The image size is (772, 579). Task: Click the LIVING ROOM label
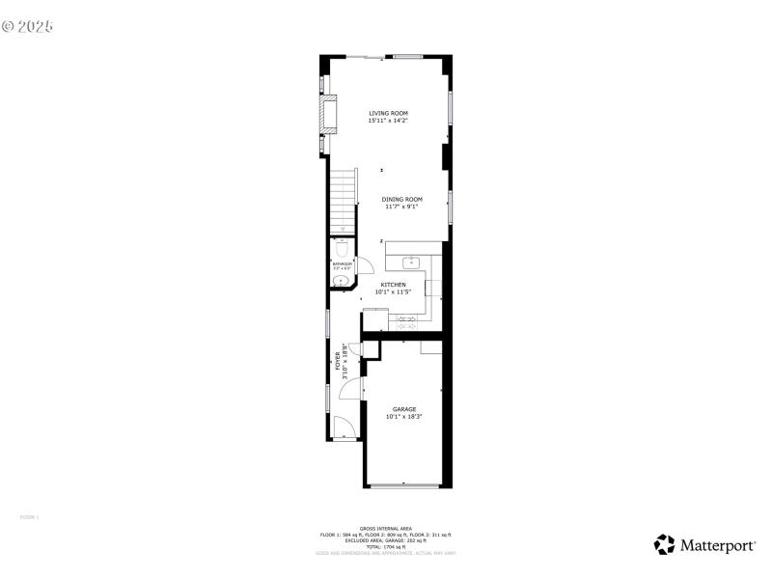coord(388,113)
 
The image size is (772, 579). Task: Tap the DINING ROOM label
coord(401,199)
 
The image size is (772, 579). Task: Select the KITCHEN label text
coord(393,285)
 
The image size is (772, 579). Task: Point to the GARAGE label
coord(403,409)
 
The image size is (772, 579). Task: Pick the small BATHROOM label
coord(342,263)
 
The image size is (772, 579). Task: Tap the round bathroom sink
coord(339,281)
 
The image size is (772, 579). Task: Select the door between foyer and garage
coord(353,387)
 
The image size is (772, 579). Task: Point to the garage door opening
coord(404,485)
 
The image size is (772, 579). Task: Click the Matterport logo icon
coord(664,545)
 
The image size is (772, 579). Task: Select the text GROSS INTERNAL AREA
coord(386,529)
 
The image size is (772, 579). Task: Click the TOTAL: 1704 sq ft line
coord(386,547)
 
